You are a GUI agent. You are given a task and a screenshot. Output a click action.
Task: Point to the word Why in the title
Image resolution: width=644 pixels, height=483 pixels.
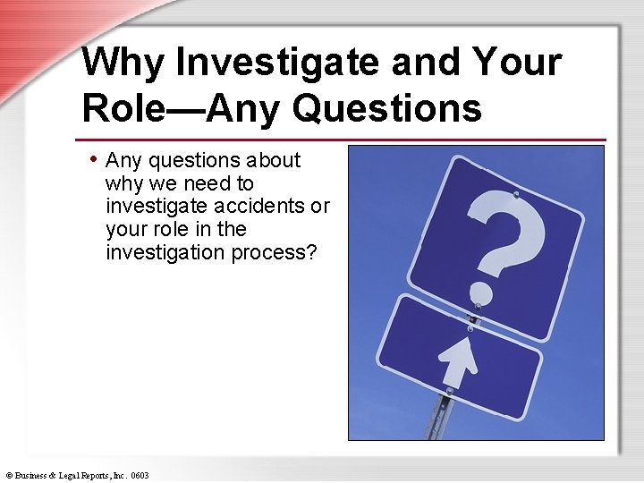pyautogui.click(x=123, y=63)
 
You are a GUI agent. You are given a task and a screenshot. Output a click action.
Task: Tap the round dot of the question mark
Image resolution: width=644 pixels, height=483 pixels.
pyautogui.click(x=480, y=292)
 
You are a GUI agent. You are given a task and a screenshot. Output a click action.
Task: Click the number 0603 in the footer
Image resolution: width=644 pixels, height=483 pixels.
pyautogui.click(x=139, y=476)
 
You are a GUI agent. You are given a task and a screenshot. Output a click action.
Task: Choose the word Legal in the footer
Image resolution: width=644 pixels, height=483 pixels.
pyautogui.click(x=72, y=476)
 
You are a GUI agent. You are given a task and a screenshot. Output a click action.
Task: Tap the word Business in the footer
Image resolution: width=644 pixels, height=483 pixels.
pyautogui.click(x=32, y=476)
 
